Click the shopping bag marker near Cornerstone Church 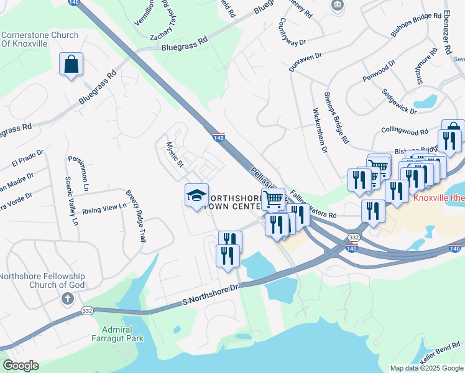[71, 64]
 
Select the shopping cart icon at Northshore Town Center [272, 200]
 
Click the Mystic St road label [174, 155]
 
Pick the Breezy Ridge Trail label [136, 207]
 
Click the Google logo [21, 366]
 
